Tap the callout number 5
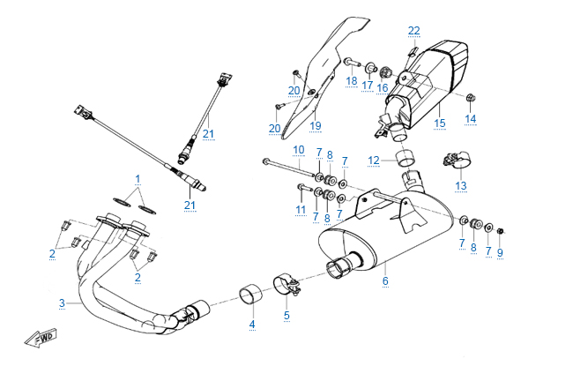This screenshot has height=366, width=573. [x=286, y=314]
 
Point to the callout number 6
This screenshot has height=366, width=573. [x=384, y=281]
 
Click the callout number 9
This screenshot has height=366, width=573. [x=500, y=253]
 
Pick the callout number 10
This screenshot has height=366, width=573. [x=298, y=149]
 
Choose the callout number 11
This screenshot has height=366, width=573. [x=300, y=210]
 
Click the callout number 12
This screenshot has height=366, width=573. [x=374, y=160]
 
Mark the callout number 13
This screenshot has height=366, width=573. [x=460, y=186]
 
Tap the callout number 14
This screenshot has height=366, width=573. [x=471, y=118]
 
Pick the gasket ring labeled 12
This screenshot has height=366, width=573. [x=406, y=160]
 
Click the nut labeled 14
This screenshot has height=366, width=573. [x=471, y=96]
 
